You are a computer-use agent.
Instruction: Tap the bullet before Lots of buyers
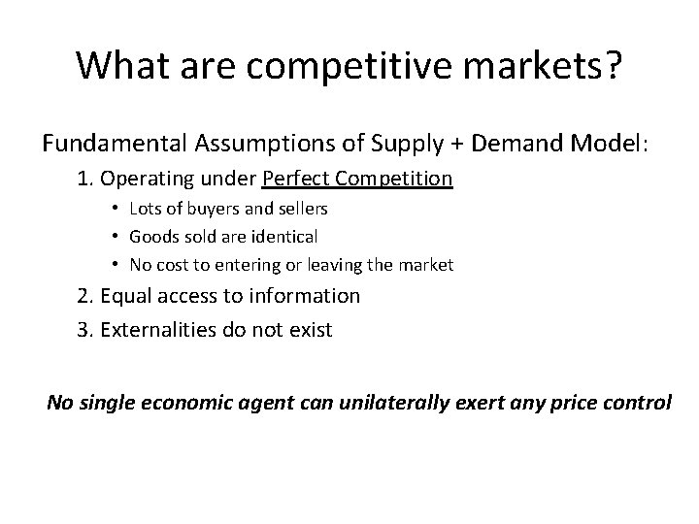coord(115,209)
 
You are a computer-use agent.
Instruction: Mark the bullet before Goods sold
coord(115,236)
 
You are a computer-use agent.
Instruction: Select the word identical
coord(283,236)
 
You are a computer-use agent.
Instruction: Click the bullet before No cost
coord(115,264)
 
